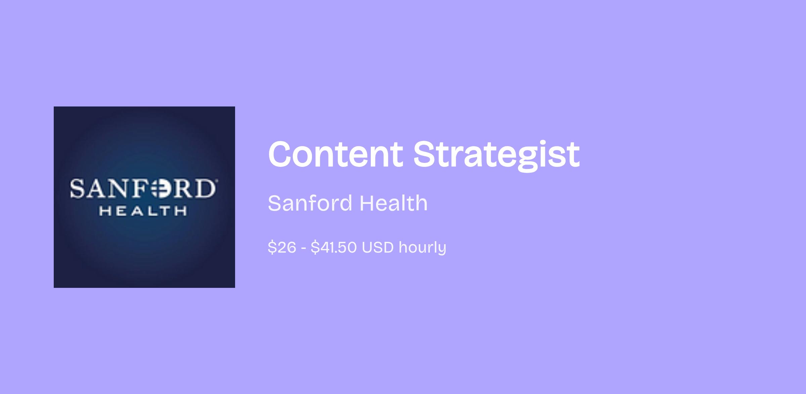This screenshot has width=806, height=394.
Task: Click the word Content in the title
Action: [335, 154]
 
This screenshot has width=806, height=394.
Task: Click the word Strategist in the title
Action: [496, 156]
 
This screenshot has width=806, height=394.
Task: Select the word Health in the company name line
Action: [394, 203]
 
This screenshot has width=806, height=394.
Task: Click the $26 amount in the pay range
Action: [282, 248]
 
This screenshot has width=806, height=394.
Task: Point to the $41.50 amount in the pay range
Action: [333, 248]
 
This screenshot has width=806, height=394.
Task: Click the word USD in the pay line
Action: [377, 248]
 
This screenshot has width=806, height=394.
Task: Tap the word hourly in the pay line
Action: [422, 248]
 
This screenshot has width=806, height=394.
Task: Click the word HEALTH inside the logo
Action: [143, 211]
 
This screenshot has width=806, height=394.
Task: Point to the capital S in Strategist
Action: [424, 154]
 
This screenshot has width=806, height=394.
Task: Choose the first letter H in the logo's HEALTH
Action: [105, 211]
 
